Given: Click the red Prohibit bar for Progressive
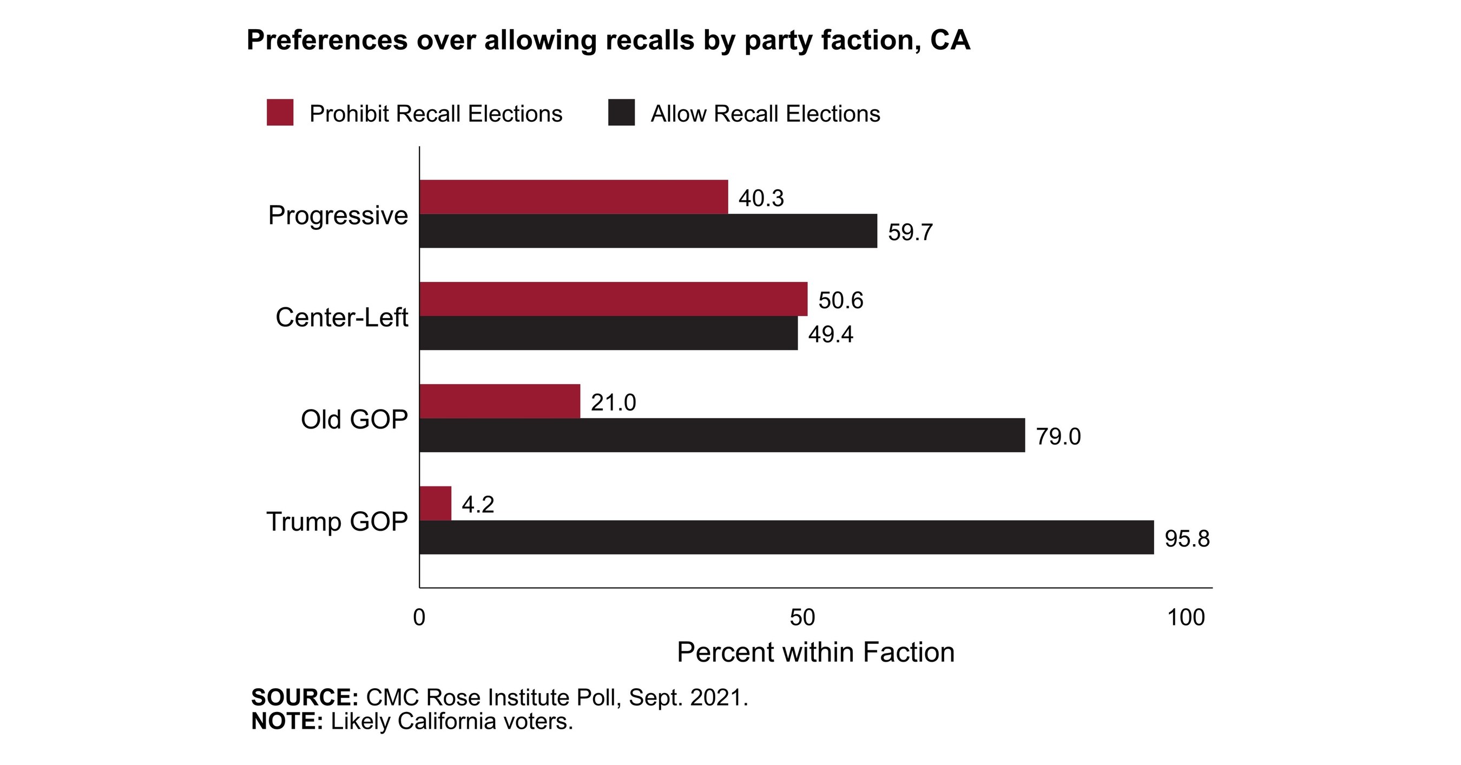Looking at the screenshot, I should [573, 197].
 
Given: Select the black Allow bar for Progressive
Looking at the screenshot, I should [648, 231].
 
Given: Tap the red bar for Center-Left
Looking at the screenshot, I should [613, 299].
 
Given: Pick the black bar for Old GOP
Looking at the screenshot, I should [721, 435].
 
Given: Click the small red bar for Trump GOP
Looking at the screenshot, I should [435, 503].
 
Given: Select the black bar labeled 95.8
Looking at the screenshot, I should [786, 537].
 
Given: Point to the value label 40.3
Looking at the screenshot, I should [761, 199].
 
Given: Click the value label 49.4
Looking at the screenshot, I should [830, 334].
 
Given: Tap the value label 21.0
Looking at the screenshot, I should [613, 403].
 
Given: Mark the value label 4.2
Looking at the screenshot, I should [478, 505].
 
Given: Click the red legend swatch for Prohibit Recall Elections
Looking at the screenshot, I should [280, 113].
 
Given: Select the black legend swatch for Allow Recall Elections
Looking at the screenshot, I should [621, 113].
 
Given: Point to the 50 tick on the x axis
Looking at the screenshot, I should [802, 617].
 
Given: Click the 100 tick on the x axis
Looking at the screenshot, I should [1186, 617].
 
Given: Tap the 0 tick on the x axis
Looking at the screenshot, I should [419, 617].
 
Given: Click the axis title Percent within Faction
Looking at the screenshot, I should [815, 652].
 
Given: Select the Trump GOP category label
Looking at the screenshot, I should [337, 522].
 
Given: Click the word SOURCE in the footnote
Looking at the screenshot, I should [304, 697].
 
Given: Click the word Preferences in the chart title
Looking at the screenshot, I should [327, 41].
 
